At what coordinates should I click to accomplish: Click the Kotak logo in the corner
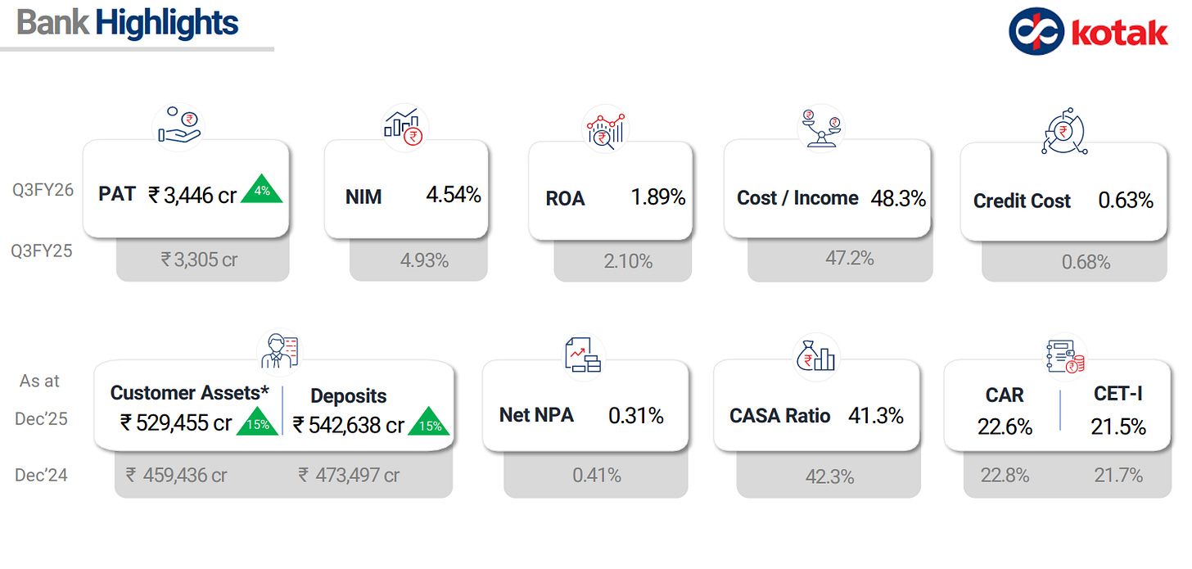tap(1088, 31)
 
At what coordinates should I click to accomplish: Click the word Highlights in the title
tap(166, 23)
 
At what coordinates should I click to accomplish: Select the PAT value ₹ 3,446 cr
tap(192, 195)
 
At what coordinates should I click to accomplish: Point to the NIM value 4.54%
tap(453, 195)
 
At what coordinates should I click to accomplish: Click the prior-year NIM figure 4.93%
tap(423, 260)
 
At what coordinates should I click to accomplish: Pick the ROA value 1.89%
tap(657, 197)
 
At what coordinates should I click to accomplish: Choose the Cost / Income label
tap(797, 198)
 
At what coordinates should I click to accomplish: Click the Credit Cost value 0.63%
tap(1125, 200)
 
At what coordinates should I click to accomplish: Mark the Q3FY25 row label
tap(42, 251)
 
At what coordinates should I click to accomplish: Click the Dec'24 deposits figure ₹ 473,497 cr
tap(349, 475)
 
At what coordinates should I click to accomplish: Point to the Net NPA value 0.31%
tap(635, 416)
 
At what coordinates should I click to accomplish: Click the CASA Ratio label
tap(779, 416)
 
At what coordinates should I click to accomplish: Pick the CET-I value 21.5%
tap(1117, 427)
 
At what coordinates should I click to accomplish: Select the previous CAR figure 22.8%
tap(1005, 475)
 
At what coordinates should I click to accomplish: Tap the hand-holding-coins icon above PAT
tap(178, 125)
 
